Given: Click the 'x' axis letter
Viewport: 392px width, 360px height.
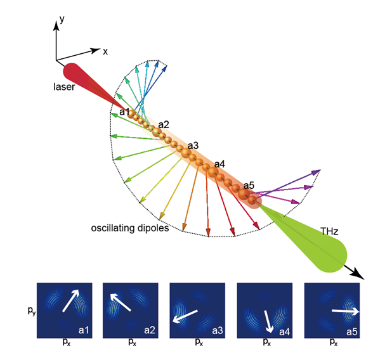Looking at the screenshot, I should click(105, 51).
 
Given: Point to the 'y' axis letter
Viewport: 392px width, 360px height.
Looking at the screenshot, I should click(62, 21).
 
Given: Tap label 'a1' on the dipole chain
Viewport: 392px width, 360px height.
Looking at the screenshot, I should click(125, 112).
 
